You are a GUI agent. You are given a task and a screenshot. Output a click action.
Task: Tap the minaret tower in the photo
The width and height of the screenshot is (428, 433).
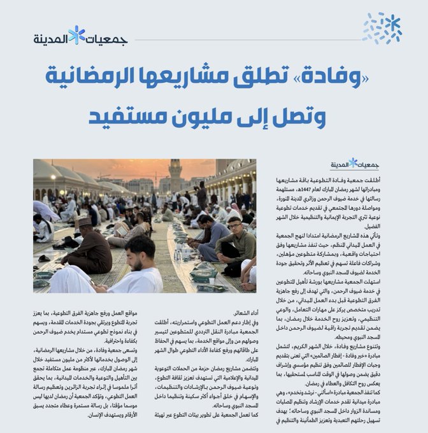pos(176,174)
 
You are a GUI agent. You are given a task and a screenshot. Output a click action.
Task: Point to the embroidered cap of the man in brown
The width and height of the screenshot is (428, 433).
pos(86,222)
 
